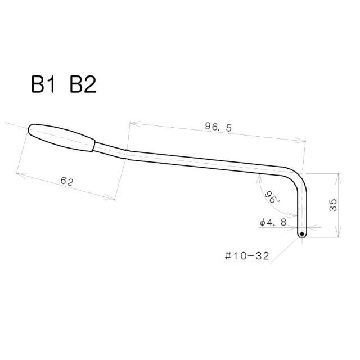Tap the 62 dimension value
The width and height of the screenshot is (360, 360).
pyautogui.click(x=66, y=181)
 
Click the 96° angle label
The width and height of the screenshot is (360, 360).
pyautogui.click(x=273, y=196)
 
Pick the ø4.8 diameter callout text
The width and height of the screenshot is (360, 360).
pyautogui.click(x=274, y=222)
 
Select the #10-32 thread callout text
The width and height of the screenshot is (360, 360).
pyautogui.click(x=246, y=256)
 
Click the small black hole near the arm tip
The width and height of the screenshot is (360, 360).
pyautogui.click(x=302, y=234)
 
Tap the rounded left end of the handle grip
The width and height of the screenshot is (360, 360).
pyautogui.click(x=30, y=129)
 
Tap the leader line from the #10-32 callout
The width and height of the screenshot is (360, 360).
pyautogui.click(x=284, y=250)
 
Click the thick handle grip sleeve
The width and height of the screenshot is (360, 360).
pyautogui.click(x=62, y=137)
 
